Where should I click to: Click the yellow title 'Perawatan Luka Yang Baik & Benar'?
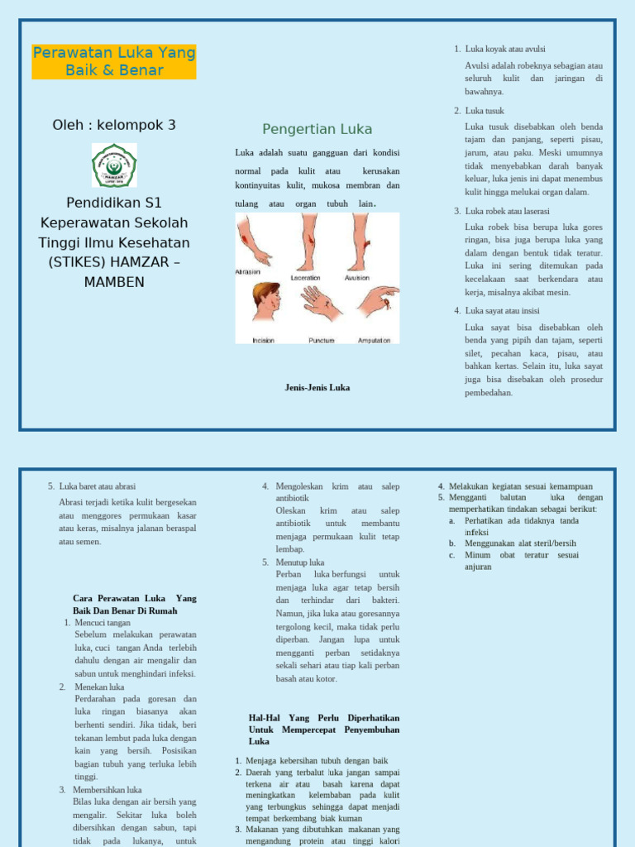114,62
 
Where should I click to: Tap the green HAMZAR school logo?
114,165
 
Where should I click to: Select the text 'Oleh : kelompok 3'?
114,125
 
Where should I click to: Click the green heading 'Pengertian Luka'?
317,129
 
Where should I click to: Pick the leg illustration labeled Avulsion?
358,240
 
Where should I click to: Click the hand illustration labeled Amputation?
378,299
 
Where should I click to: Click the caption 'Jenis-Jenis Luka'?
317,387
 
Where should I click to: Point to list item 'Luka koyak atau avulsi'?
505,49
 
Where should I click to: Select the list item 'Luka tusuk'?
485,111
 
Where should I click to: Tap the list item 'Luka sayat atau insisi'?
502,310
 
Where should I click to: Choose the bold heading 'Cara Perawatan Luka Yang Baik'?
134,598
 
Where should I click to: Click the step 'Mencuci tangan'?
103,623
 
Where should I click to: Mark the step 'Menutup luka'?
299,562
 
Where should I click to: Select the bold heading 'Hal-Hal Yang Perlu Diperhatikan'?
323,718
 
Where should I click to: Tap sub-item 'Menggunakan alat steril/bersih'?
520,543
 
